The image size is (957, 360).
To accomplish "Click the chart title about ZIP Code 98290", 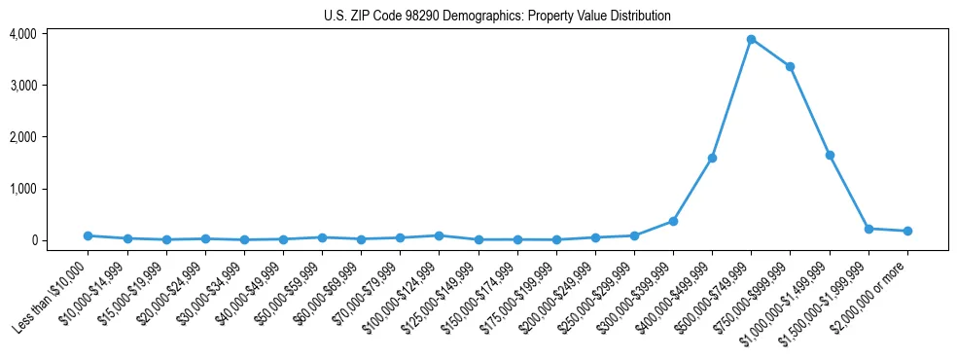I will tap(497, 16).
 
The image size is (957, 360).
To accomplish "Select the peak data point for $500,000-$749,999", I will tap(751, 39).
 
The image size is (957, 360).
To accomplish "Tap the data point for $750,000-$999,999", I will tap(790, 66).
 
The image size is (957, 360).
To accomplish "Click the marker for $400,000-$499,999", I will tap(712, 158).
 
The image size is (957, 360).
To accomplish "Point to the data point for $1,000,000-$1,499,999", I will tap(830, 155).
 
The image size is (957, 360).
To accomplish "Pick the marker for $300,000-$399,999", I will tap(673, 221).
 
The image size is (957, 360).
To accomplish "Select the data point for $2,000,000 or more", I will tap(907, 231).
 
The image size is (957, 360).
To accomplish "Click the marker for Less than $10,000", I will tap(88, 235).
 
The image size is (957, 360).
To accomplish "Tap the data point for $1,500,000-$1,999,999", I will tap(868, 229).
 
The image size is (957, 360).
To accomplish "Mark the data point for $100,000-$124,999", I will tap(439, 235).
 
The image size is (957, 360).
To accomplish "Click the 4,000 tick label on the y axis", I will tap(50, 34).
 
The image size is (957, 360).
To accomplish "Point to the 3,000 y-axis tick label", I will tap(50, 86).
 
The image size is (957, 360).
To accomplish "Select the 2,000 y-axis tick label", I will tap(50, 137).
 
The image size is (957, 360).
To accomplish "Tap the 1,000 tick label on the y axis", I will tap(50, 189).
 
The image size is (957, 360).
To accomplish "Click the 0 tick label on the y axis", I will tap(59, 240).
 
